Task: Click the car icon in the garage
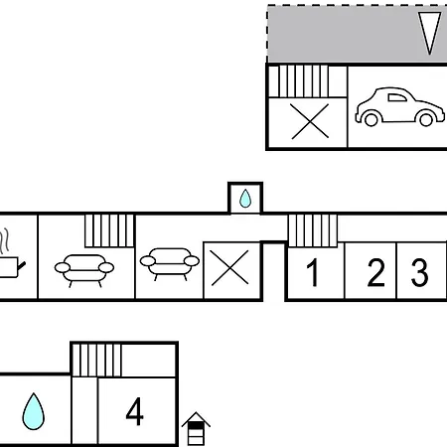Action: [x=399, y=107]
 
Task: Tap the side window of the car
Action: [x=397, y=97]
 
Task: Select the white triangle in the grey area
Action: [x=430, y=33]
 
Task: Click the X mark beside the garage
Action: [x=310, y=121]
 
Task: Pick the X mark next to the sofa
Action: [x=229, y=268]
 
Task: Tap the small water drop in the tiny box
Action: [x=245, y=199]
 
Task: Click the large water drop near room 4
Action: [x=33, y=411]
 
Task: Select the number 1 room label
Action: [x=313, y=272]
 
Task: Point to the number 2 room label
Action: [x=376, y=272]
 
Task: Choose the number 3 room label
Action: [x=419, y=272]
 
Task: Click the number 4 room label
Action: [x=135, y=411]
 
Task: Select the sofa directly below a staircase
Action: [x=84, y=270]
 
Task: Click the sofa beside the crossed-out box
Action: [x=170, y=264]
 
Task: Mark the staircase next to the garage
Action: [x=299, y=81]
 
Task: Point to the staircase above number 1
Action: [x=313, y=230]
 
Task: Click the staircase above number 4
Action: [x=96, y=361]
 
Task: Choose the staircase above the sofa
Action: [x=109, y=230]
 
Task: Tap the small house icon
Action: [x=196, y=429]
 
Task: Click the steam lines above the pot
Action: [x=4, y=239]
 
